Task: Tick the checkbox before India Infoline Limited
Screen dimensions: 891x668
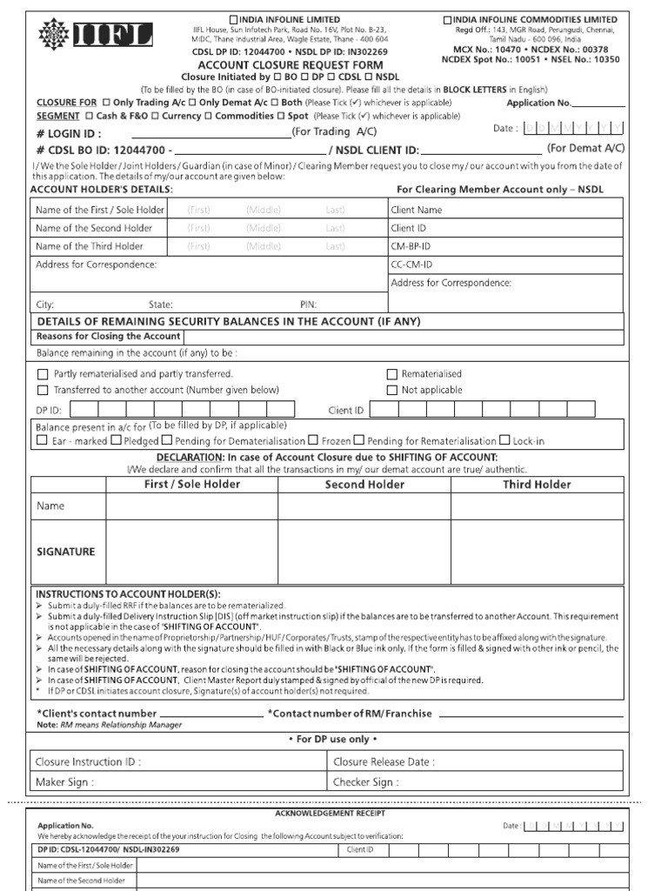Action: pyautogui.click(x=233, y=19)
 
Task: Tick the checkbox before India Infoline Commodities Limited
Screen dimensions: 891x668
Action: pyautogui.click(x=447, y=19)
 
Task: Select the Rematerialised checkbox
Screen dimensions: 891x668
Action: pyautogui.click(x=392, y=374)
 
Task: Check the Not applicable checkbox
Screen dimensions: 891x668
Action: pyautogui.click(x=392, y=391)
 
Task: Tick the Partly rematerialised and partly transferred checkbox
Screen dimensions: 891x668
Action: pyautogui.click(x=43, y=374)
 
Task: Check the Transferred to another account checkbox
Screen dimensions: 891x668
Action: pyautogui.click(x=43, y=391)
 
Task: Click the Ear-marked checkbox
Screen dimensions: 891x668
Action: pyautogui.click(x=42, y=441)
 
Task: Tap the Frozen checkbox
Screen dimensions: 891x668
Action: pyautogui.click(x=314, y=441)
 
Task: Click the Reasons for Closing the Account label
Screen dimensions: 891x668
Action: pyautogui.click(x=108, y=337)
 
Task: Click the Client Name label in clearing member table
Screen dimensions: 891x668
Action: pyautogui.click(x=417, y=210)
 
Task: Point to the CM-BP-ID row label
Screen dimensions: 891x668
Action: pyautogui.click(x=411, y=246)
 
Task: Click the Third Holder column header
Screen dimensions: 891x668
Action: pyautogui.click(x=537, y=485)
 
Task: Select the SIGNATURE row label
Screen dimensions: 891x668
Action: pyautogui.click(x=66, y=552)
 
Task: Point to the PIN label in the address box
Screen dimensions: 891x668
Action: pyautogui.click(x=308, y=305)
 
